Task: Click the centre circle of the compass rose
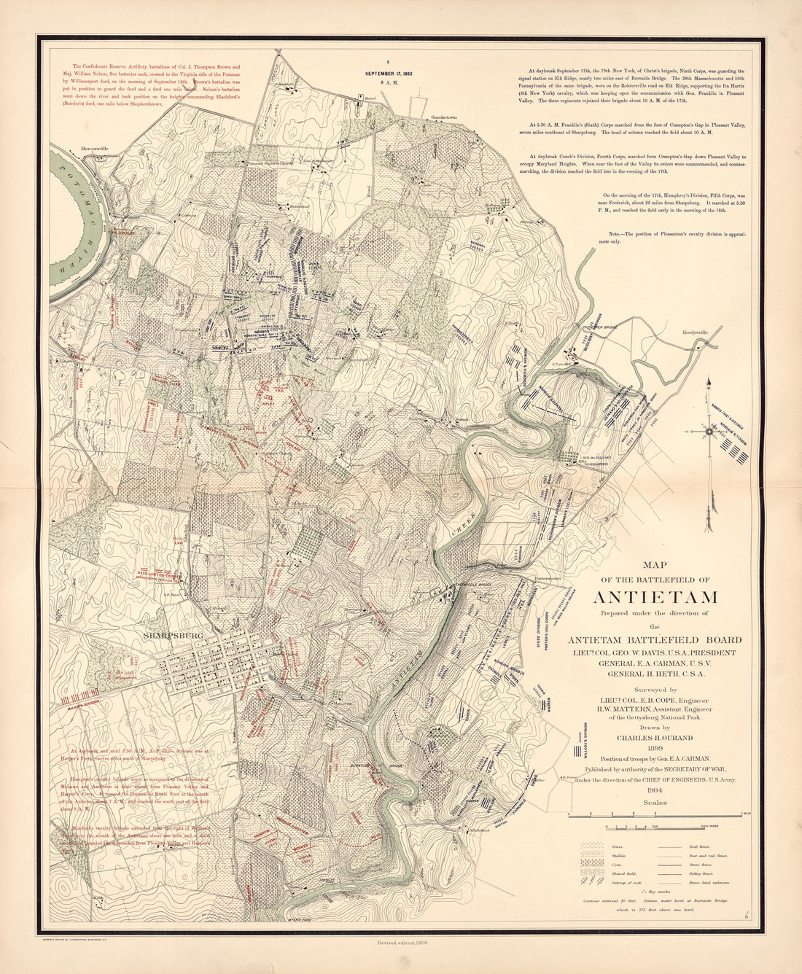pyautogui.click(x=708, y=431)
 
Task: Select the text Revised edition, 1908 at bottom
pyautogui.click(x=401, y=944)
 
